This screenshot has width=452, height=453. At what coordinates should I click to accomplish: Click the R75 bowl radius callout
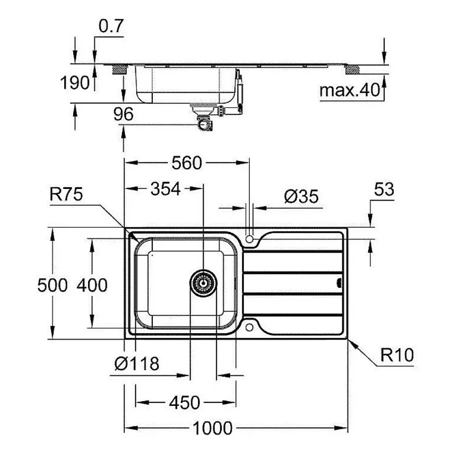coord(66,195)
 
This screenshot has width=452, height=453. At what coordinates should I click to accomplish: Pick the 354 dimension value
coord(165,188)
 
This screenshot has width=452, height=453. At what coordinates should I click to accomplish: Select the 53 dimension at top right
coord(384,189)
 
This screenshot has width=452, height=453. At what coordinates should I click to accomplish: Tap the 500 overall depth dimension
coord(52,284)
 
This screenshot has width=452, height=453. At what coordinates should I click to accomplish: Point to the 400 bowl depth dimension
coord(92,284)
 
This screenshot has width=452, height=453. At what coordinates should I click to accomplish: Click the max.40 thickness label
coord(350,91)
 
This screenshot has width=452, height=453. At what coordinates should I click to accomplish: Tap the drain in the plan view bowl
coord(203,283)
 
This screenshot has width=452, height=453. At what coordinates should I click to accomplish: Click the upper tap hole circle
coord(250,239)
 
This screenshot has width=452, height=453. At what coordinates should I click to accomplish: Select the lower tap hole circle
coord(250,326)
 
